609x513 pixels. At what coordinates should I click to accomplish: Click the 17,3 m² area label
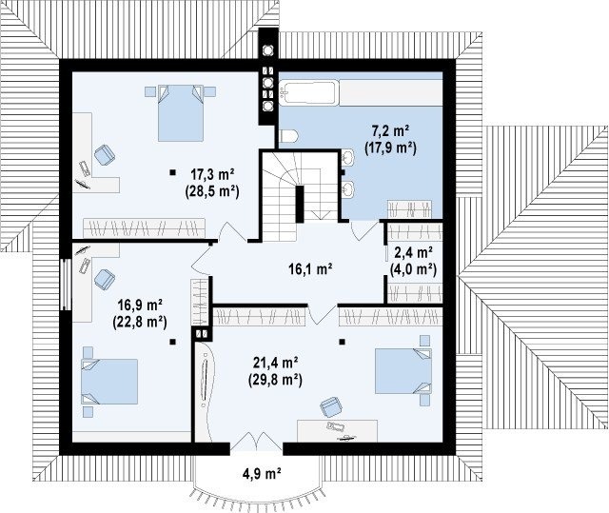(x=211, y=175)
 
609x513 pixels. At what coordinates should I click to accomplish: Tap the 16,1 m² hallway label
(x=310, y=268)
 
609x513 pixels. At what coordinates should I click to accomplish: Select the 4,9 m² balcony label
(x=262, y=473)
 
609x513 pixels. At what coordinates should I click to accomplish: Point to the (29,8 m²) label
(x=275, y=380)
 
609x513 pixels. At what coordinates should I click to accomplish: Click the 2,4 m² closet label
(x=414, y=253)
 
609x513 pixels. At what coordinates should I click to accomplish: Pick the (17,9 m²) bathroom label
(x=391, y=148)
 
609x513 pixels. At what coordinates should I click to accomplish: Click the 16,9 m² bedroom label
(x=140, y=306)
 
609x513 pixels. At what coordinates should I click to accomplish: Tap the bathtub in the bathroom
(x=307, y=93)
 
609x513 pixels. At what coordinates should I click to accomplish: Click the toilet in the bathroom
(x=288, y=136)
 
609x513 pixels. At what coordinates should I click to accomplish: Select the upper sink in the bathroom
(x=348, y=157)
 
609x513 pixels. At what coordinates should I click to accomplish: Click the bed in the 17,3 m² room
(x=181, y=113)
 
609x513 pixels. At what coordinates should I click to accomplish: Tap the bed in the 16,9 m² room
(x=109, y=382)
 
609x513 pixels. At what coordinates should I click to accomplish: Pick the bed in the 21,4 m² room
(x=403, y=371)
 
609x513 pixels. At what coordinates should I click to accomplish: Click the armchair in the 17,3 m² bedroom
(x=105, y=154)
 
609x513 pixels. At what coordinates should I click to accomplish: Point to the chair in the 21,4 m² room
(x=331, y=407)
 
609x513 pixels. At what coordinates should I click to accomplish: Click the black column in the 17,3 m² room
(x=172, y=172)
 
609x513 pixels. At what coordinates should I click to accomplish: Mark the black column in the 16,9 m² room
(x=172, y=342)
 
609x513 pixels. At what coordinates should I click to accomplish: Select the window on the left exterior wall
(x=66, y=285)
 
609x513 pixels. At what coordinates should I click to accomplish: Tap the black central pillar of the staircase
(x=300, y=204)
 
